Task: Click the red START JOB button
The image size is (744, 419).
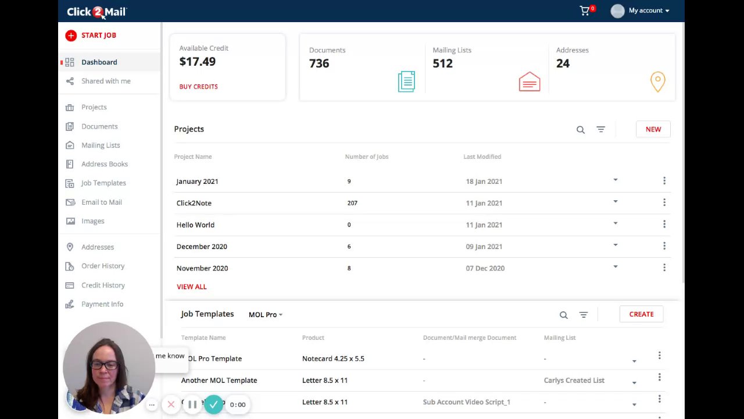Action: [91, 35]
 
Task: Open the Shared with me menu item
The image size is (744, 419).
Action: [105, 81]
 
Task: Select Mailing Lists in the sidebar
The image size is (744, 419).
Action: [100, 145]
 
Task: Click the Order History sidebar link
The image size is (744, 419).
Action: [102, 266]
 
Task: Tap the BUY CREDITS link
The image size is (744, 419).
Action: [198, 87]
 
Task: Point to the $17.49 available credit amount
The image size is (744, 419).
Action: [197, 62]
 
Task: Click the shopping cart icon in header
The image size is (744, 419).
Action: [585, 10]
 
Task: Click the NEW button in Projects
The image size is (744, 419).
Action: [653, 129]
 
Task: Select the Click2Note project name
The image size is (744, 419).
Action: [194, 203]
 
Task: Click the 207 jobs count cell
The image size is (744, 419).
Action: [352, 203]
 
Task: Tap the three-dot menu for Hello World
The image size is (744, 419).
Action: [664, 225]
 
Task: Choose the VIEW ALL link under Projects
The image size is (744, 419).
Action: [191, 287]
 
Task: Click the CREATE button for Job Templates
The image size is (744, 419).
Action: [641, 314]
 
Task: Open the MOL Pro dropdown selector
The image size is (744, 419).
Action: [265, 315]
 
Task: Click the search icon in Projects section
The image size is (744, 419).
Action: [580, 130]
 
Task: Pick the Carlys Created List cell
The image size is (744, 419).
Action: [574, 381]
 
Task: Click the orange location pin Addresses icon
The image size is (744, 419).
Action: [657, 81]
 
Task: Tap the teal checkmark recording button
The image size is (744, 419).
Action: [213, 404]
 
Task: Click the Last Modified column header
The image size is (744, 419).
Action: [482, 157]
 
